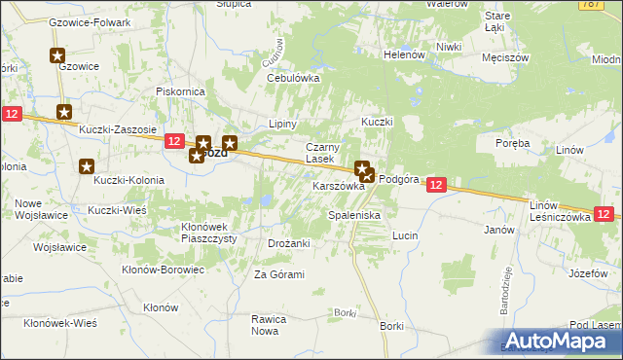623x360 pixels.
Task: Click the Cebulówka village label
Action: click(x=293, y=78)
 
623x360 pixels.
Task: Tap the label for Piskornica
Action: click(x=178, y=92)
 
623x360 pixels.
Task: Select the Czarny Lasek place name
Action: click(x=321, y=152)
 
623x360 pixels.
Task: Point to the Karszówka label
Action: click(x=338, y=186)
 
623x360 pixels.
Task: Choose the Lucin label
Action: click(x=405, y=235)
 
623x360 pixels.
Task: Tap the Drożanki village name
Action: click(x=288, y=243)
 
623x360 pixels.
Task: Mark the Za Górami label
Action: click(x=279, y=274)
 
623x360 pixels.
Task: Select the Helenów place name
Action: click(x=403, y=54)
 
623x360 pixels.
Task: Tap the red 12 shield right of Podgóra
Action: click(x=436, y=185)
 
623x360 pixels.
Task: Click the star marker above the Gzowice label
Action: click(x=57, y=56)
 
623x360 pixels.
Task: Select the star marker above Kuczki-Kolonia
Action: click(x=87, y=166)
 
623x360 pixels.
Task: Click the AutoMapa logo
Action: click(x=557, y=341)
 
